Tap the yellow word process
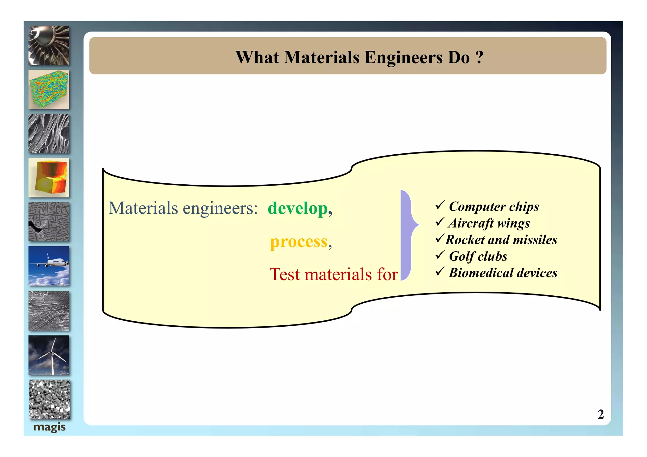[299, 242]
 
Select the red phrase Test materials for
[333, 274]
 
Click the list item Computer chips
[494, 207]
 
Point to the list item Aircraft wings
[489, 223]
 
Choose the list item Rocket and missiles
[501, 240]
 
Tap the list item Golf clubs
[478, 256]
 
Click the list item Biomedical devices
[503, 273]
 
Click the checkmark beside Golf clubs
[440, 255]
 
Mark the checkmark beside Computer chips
[440, 205]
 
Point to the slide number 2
[601, 414]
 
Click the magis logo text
[49, 427]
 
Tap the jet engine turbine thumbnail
[49, 46]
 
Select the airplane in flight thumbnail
[49, 266]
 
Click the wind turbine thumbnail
[49, 355]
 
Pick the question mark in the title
[479, 57]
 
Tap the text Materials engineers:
[183, 208]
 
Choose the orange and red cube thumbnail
[49, 178]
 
